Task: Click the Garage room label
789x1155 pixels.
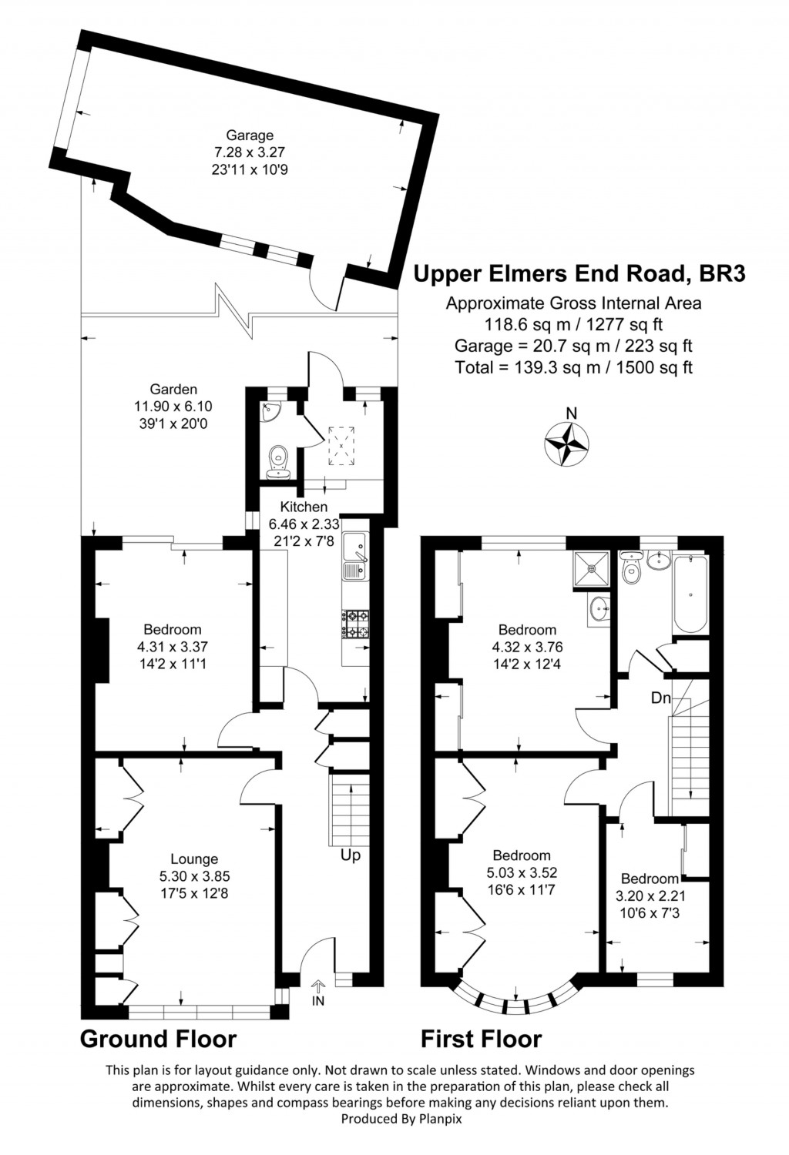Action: point(250,136)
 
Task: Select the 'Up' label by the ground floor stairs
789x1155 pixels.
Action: point(350,855)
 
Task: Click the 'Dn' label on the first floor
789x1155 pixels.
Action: point(660,699)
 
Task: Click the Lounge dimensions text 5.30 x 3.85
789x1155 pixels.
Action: point(194,876)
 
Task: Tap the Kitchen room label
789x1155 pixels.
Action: point(304,507)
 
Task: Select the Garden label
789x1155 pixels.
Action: point(173,390)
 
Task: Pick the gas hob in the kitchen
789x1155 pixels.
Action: point(355,624)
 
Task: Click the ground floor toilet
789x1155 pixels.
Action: point(277,460)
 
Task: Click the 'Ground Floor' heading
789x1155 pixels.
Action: point(158,1039)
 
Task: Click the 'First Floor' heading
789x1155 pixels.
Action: point(481,1039)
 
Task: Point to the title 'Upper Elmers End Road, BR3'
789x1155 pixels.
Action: point(579,273)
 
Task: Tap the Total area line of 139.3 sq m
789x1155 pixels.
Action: point(573,367)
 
